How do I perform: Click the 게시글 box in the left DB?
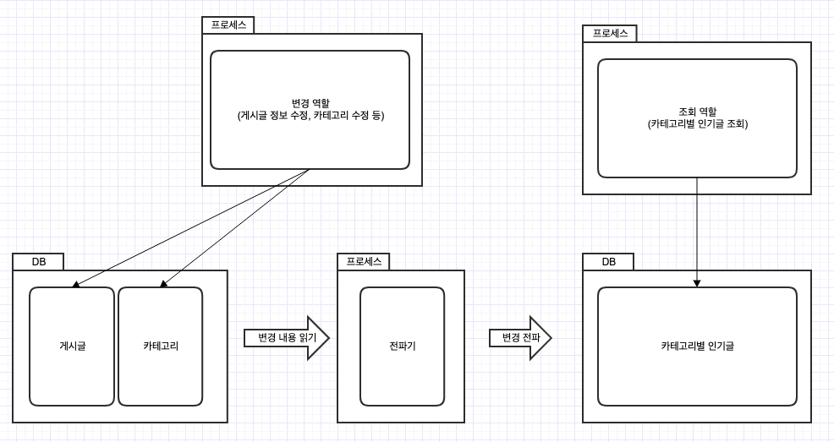[72, 347]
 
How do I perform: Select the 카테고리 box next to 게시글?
[161, 347]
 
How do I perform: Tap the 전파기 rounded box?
[402, 347]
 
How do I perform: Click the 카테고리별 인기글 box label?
[697, 347]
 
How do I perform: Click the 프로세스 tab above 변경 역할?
[228, 25]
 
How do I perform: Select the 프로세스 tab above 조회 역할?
[609, 34]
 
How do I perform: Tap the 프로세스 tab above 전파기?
[364, 262]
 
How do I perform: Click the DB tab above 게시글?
[39, 262]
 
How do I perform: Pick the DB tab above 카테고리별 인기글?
[609, 262]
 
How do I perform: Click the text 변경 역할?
[310, 103]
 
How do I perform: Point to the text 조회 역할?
[697, 112]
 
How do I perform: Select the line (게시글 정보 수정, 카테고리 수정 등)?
[310, 115]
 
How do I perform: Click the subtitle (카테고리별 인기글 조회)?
[697, 123]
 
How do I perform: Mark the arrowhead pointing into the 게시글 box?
[75, 285]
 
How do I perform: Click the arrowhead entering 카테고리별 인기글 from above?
[697, 283]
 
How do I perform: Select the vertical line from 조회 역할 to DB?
[697, 228]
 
